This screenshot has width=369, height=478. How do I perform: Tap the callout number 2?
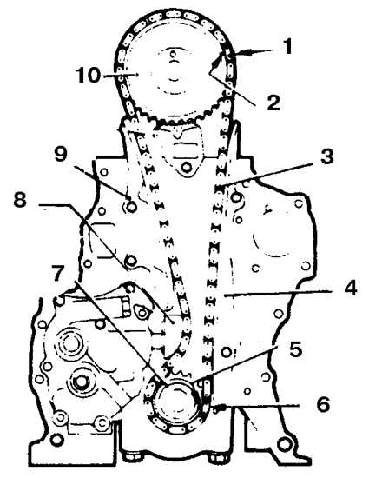[273, 103]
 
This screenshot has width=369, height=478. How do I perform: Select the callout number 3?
[326, 156]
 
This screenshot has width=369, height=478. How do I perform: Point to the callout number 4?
[350, 289]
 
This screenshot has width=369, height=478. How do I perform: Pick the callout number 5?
[295, 349]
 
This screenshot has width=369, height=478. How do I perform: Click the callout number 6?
[323, 404]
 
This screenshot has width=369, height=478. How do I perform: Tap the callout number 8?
[20, 200]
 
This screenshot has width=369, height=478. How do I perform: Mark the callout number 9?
[61, 154]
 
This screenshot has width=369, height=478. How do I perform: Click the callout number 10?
[88, 75]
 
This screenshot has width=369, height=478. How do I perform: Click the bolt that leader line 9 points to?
[131, 207]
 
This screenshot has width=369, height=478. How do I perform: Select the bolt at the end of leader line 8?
[131, 261]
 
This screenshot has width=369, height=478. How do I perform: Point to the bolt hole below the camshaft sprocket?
[187, 167]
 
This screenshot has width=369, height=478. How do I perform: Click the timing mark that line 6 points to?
[219, 408]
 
